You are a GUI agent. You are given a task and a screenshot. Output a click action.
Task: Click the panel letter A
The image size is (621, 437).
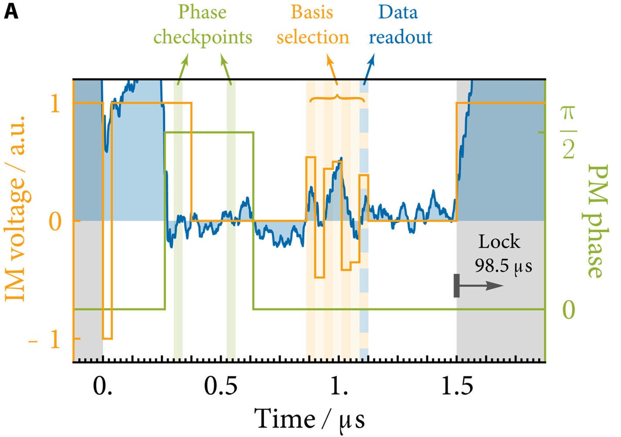click(11, 12)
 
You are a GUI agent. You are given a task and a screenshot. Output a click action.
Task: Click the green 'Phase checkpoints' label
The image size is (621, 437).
click(203, 25)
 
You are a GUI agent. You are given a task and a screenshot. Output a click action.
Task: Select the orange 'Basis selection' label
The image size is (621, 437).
click(312, 25)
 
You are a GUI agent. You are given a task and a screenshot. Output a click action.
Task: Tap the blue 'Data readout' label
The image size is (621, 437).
click(400, 25)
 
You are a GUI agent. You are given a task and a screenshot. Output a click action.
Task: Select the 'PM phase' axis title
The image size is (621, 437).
click(595, 221)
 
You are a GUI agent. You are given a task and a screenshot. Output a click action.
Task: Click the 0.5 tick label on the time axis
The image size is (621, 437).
click(221, 386)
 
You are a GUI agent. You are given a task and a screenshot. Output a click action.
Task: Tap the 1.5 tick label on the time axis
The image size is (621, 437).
click(457, 386)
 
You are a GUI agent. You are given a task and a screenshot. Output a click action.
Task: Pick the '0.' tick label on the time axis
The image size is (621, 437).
click(102, 386)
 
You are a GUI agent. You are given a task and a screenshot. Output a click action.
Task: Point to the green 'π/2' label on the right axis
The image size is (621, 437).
click(568, 132)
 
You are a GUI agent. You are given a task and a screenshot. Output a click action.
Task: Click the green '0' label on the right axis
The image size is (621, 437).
click(568, 310)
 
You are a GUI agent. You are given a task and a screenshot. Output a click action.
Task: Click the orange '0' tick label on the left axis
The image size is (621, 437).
click(55, 221)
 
